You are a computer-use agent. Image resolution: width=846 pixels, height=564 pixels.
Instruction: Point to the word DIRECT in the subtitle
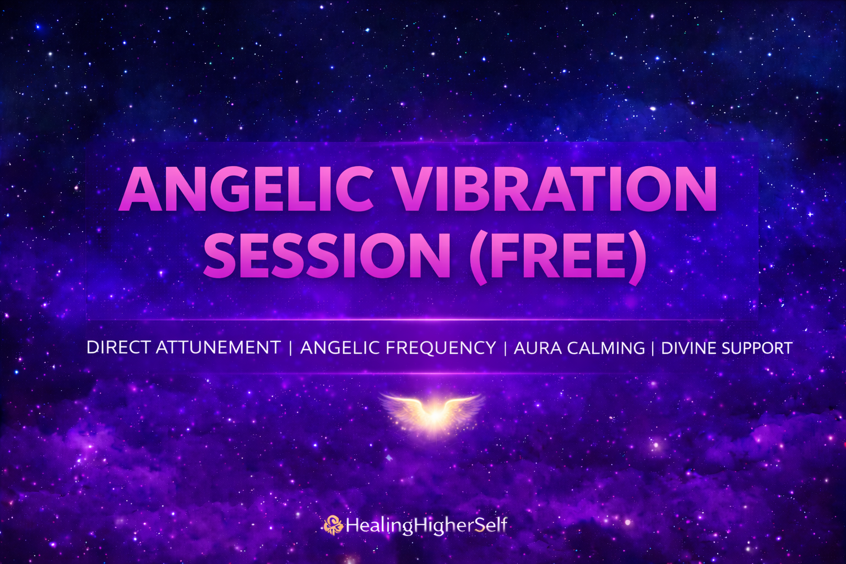tap(118, 348)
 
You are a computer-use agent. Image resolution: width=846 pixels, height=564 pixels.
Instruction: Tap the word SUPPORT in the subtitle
tap(757, 348)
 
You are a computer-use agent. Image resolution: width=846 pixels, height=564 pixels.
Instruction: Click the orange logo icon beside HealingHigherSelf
tap(333, 525)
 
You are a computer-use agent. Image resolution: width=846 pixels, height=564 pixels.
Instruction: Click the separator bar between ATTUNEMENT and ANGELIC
tap(290, 348)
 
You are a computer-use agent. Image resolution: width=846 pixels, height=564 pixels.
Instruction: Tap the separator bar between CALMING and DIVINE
tap(653, 348)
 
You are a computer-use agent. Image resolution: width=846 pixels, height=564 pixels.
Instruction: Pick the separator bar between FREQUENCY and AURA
tap(505, 348)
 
